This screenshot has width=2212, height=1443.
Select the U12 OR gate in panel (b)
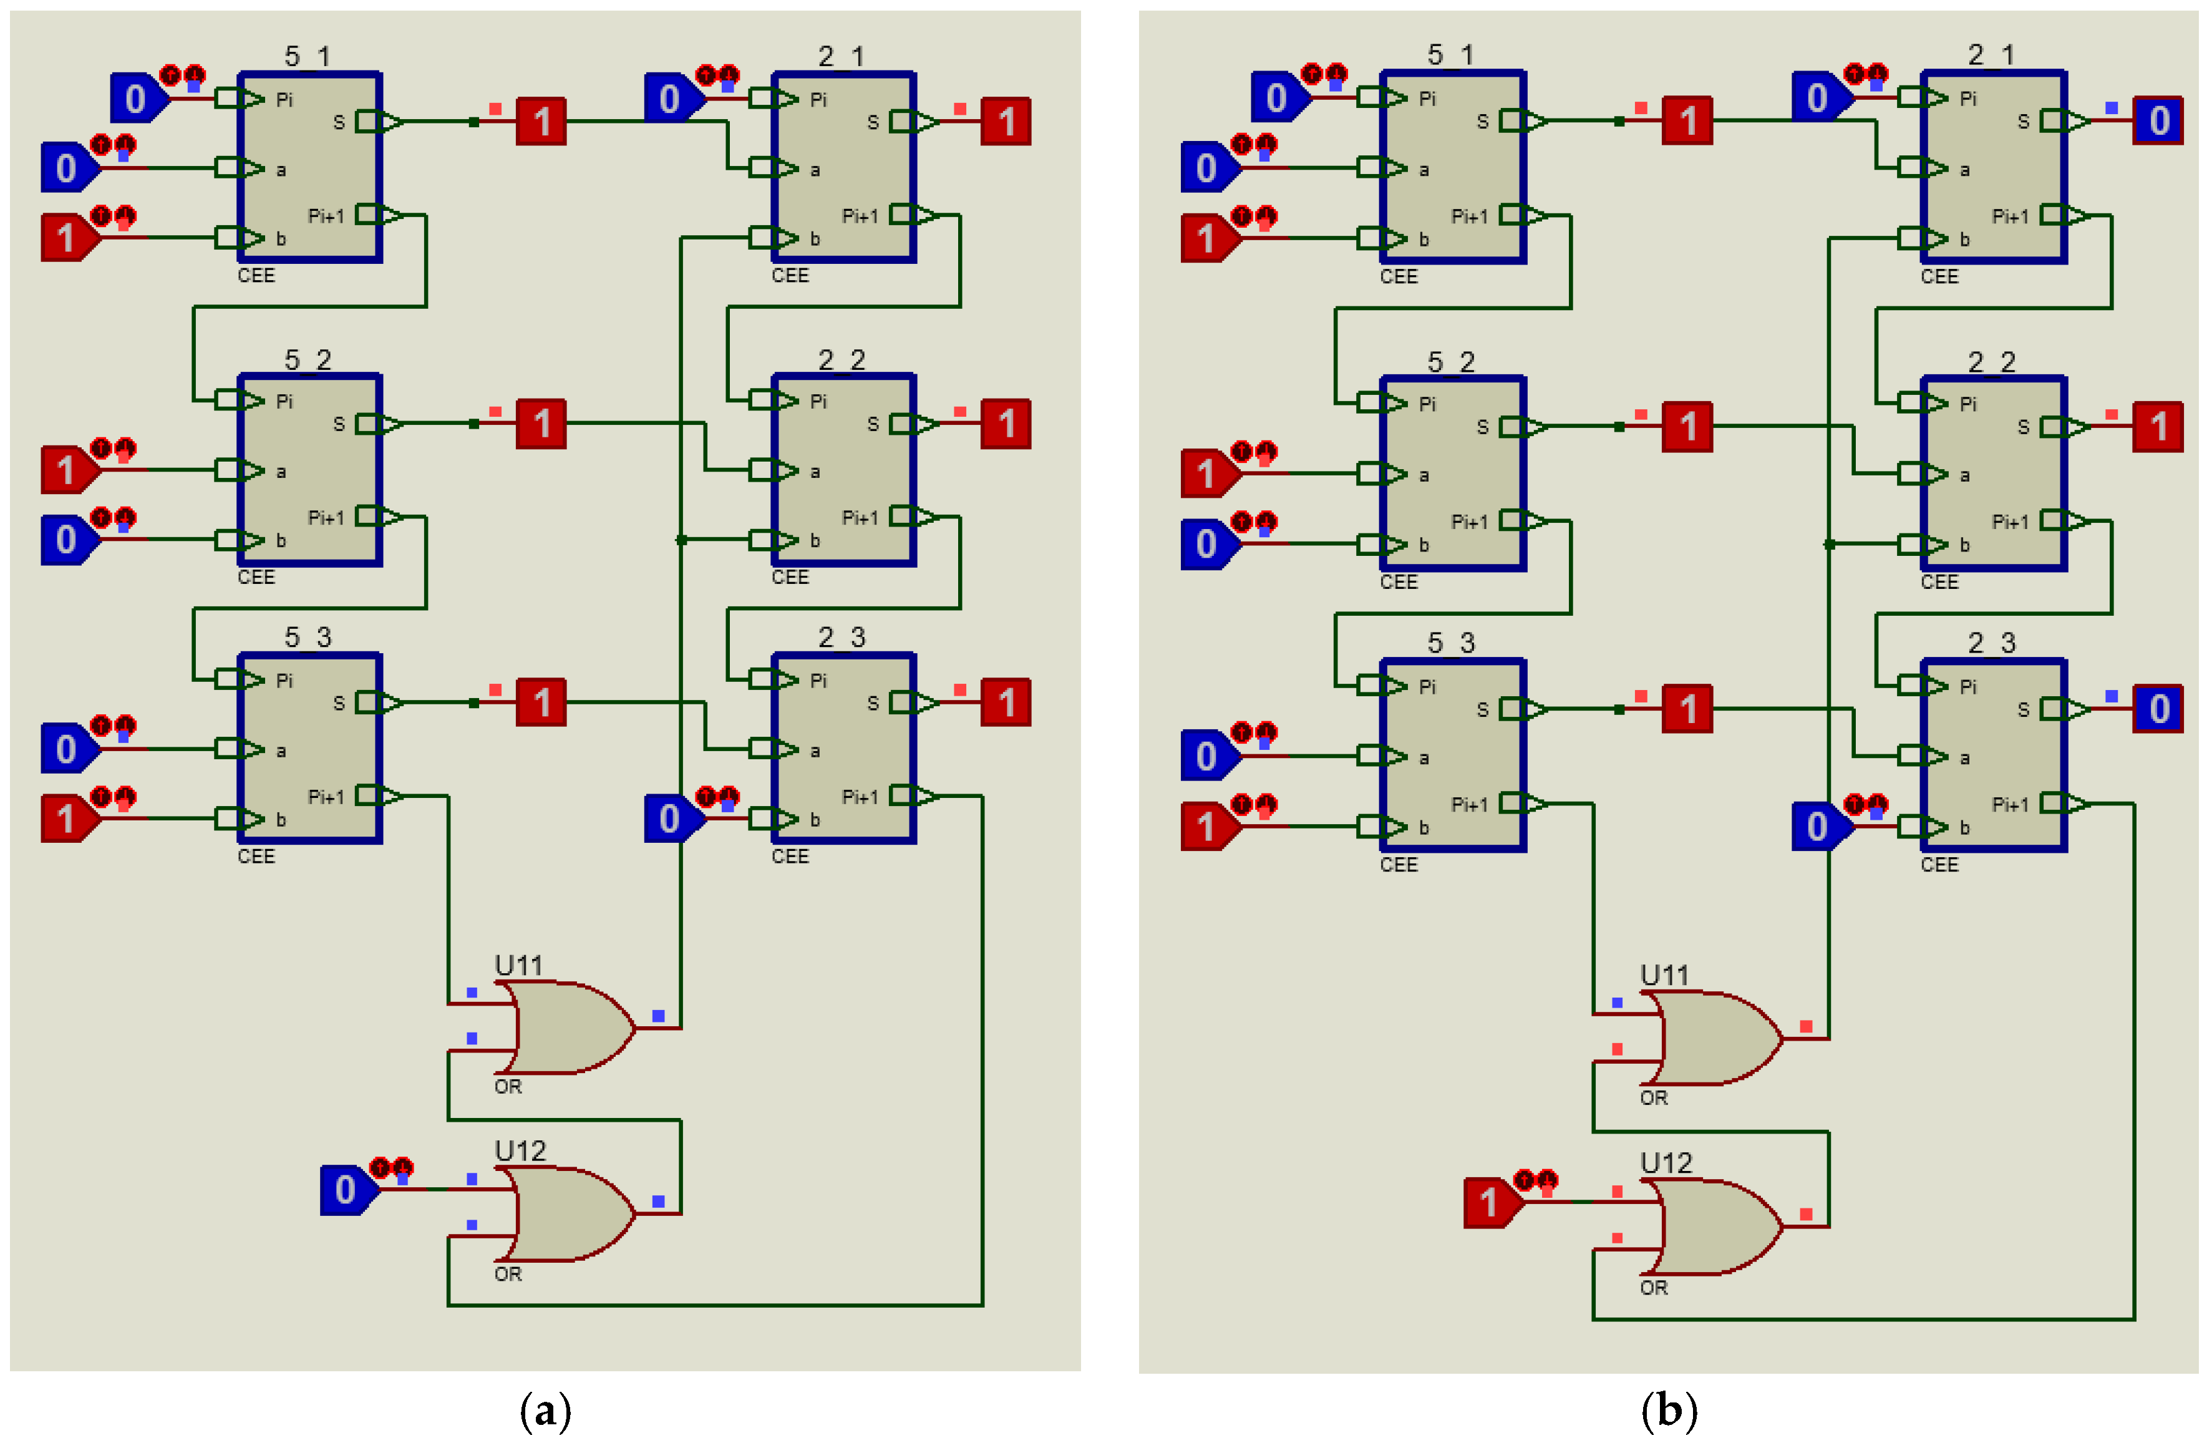point(1715,1227)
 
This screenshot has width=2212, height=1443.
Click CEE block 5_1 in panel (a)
point(309,167)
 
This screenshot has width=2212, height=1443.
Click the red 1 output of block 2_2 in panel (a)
point(1006,424)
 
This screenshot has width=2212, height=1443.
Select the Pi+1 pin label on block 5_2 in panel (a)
point(326,518)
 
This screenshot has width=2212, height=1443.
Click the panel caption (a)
point(546,1411)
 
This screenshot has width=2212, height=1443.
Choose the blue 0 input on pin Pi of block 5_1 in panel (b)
point(1277,97)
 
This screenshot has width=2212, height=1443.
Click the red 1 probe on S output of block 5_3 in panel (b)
point(1687,709)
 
